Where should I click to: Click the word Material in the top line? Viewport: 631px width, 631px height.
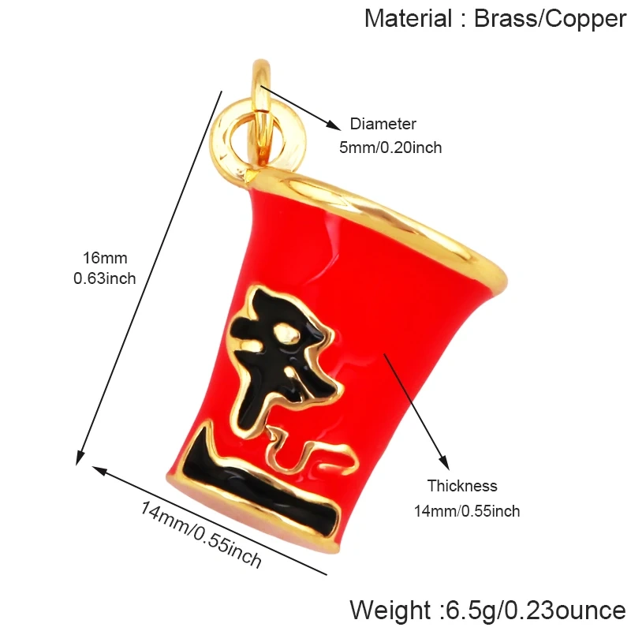point(408,18)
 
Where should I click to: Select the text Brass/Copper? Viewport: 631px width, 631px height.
point(550,19)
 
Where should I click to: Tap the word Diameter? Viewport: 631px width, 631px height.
point(383,124)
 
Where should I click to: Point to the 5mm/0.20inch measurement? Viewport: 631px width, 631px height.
point(390,147)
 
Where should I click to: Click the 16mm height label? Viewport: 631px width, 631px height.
point(105,259)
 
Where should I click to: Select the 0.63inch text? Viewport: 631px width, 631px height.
point(105,278)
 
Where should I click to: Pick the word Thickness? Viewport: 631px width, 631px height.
point(462,486)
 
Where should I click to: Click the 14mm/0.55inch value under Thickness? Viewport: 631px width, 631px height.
point(467,511)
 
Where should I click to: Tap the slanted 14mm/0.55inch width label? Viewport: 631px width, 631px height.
point(200,534)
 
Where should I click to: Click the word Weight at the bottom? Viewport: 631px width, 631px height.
point(390,610)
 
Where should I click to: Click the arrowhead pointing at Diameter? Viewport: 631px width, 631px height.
point(334,125)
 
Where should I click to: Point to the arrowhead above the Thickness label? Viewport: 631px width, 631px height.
point(444,462)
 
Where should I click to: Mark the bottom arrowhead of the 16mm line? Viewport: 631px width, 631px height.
point(80,457)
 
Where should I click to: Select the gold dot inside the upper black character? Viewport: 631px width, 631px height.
point(286,334)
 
